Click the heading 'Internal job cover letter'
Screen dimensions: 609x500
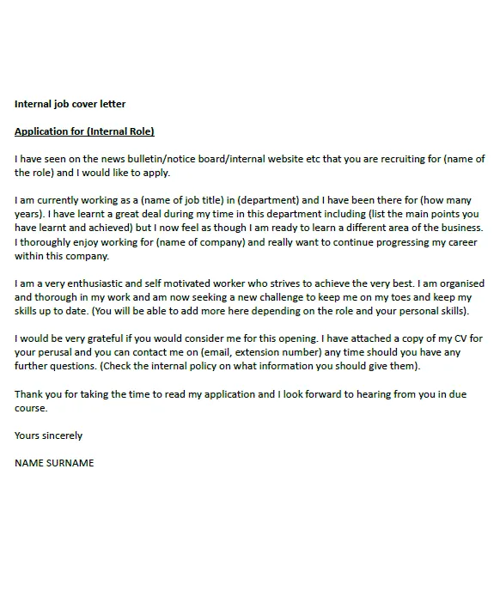[70, 104]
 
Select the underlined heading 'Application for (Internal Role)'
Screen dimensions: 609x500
[84, 131]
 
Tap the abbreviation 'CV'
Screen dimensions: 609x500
[448, 338]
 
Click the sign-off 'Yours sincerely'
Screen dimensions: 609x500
[49, 435]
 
